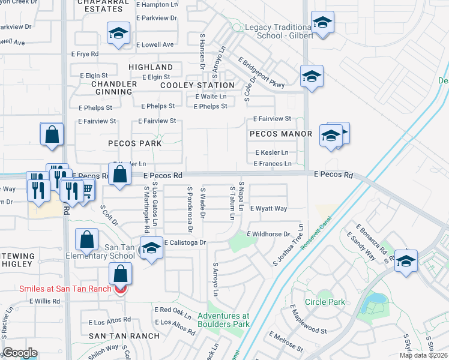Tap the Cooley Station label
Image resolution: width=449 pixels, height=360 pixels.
click(x=197, y=85)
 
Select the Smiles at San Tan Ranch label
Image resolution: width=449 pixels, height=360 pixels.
click(x=65, y=289)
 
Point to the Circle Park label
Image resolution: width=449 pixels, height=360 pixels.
click(x=325, y=302)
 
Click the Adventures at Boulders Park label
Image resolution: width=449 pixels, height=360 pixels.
click(x=223, y=320)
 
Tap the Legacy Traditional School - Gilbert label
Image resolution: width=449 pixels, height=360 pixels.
click(x=279, y=32)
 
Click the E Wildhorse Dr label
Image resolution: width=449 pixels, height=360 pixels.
click(x=268, y=234)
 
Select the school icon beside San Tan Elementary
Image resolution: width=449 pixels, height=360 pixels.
click(x=151, y=248)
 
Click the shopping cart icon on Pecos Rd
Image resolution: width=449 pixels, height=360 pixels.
click(x=87, y=191)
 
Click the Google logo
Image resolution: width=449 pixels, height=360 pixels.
click(x=20, y=353)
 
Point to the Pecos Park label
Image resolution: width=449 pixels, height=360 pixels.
click(x=135, y=143)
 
